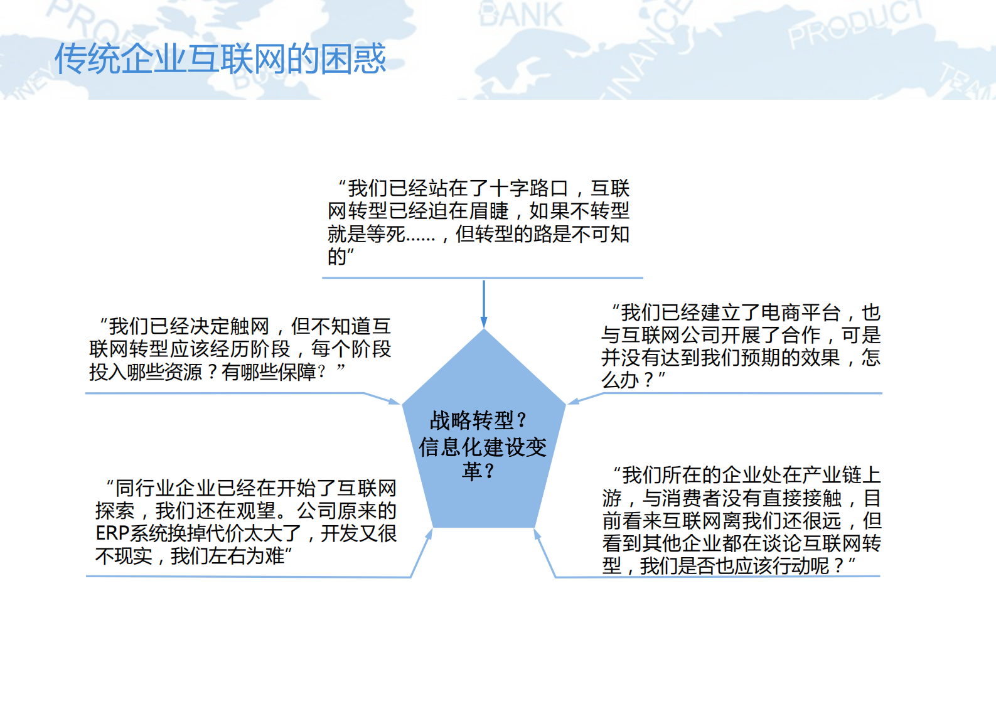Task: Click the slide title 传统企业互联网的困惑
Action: [220, 59]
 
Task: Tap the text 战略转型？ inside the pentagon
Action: [478, 420]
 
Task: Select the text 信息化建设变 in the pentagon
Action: [483, 447]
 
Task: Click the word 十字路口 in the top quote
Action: [528, 188]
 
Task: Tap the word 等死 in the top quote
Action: [386, 234]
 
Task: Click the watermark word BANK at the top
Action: [520, 15]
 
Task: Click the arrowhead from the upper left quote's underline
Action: [394, 401]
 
